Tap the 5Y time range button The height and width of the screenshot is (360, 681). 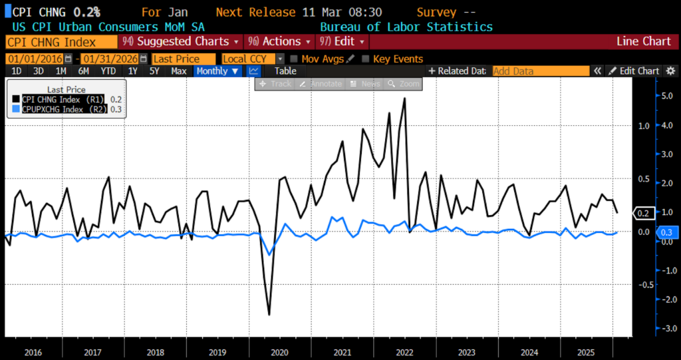[154, 71]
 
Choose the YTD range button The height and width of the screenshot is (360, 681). [108, 71]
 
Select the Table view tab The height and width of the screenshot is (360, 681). [285, 71]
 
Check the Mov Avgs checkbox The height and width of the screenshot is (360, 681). [295, 59]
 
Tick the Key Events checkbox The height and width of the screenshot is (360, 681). [365, 59]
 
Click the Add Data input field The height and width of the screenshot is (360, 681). [540, 71]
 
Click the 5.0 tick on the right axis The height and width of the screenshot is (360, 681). [665, 96]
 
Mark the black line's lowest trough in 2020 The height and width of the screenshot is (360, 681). [269, 314]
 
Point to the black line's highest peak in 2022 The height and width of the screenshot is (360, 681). [404, 98]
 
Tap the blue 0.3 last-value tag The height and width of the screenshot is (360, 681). [666, 232]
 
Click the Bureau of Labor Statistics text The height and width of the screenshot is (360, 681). [406, 27]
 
